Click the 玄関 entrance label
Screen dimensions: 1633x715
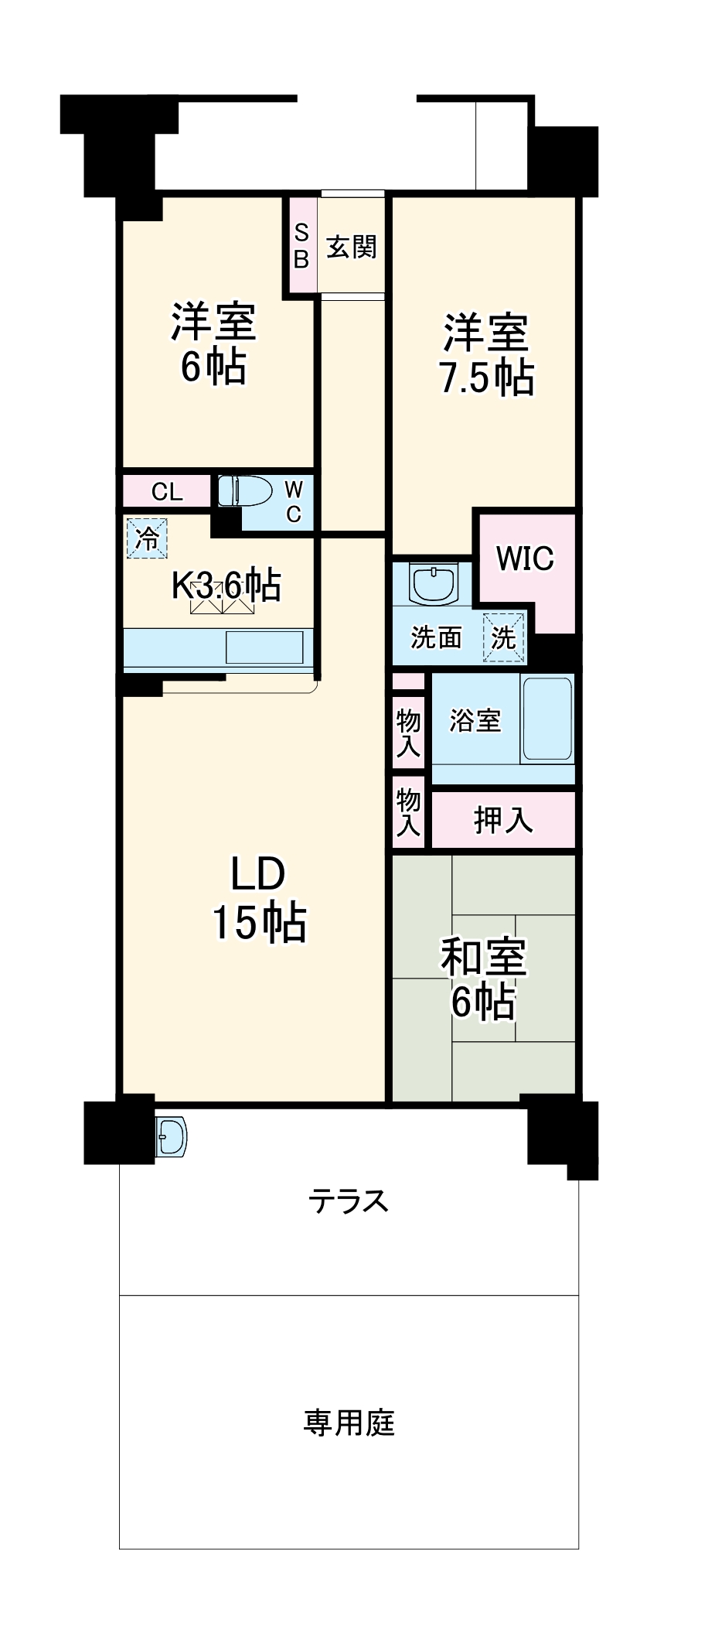[351, 247]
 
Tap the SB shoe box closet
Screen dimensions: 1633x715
[301, 246]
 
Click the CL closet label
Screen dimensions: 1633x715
[167, 492]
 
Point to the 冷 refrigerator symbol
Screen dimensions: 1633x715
[147, 538]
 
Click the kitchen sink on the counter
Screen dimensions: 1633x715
[264, 647]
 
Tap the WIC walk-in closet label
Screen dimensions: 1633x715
[525, 559]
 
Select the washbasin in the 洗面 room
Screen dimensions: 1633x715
[434, 584]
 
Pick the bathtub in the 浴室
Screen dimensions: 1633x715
[547, 719]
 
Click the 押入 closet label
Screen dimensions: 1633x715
[503, 820]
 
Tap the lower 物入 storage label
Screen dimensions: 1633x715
[408, 812]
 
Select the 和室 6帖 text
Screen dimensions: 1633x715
[483, 979]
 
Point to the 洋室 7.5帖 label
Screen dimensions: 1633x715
[486, 355]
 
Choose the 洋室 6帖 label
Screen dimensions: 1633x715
[213, 344]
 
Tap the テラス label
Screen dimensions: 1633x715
[348, 1201]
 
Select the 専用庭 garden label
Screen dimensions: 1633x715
[349, 1423]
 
